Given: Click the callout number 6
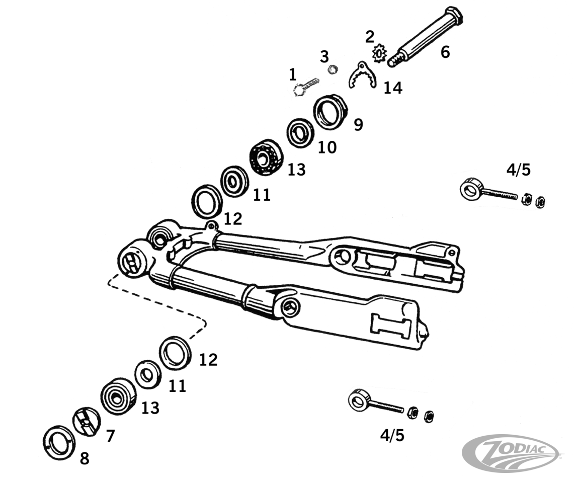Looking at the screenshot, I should click(x=445, y=52).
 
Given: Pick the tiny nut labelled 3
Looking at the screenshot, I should click(x=332, y=69).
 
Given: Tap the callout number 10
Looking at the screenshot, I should click(x=327, y=147).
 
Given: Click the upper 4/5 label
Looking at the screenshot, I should click(x=518, y=170).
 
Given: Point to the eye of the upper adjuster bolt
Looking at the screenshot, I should click(x=471, y=189).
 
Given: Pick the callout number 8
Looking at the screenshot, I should click(x=85, y=458).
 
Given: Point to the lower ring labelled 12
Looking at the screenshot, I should click(x=175, y=353).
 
